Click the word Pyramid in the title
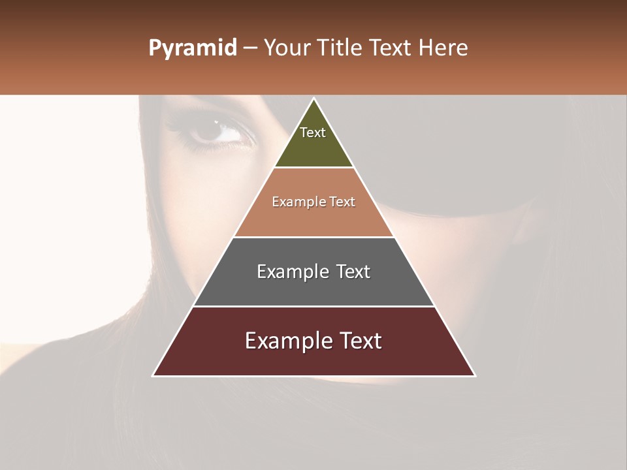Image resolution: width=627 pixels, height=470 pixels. [192, 48]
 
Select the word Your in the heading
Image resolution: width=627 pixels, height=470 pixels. [287, 48]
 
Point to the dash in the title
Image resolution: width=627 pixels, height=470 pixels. [249, 48]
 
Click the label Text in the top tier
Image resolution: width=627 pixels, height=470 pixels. [313, 133]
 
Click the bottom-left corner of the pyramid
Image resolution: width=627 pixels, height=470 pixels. [153, 375]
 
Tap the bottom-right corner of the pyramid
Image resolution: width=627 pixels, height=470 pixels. [475, 375]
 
